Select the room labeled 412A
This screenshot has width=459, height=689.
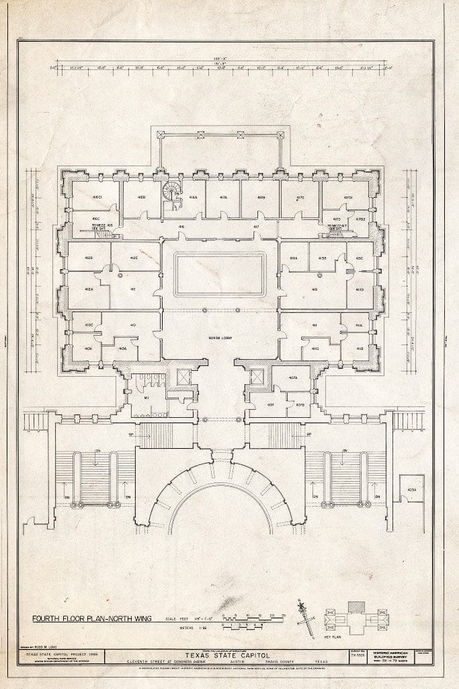click(x=88, y=289)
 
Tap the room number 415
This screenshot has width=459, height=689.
click(x=315, y=289)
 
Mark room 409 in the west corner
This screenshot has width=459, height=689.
click(x=88, y=349)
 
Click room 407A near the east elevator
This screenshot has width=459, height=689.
click(x=293, y=377)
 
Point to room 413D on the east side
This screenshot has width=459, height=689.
click(x=360, y=289)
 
